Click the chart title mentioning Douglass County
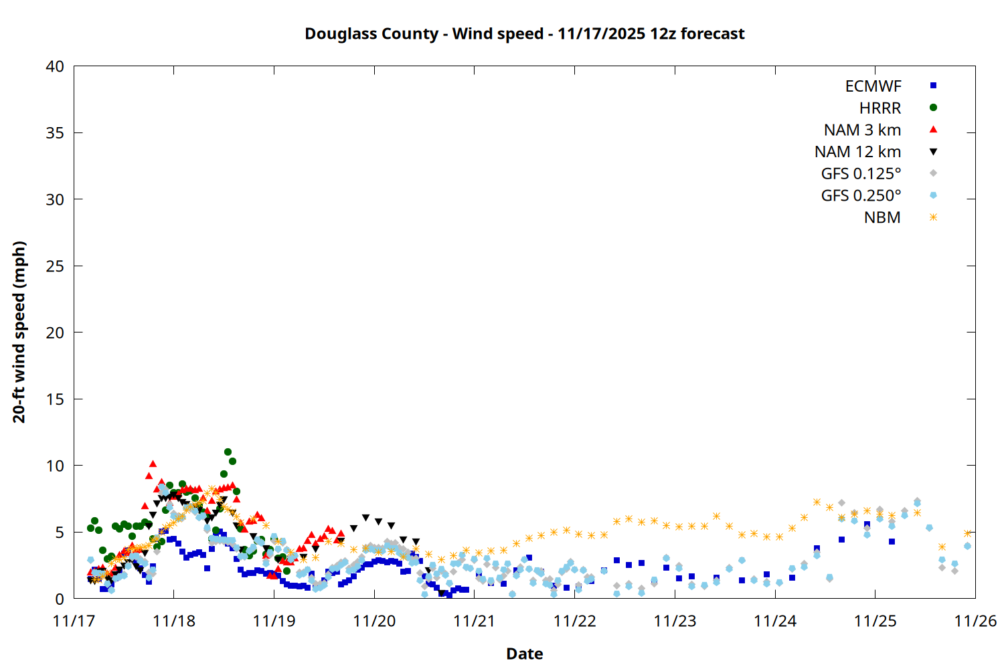pyautogui.click(x=524, y=33)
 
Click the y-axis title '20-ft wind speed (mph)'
pyautogui.click(x=19, y=332)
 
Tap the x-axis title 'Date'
pyautogui.click(x=524, y=654)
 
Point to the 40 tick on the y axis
pyautogui.click(x=55, y=66)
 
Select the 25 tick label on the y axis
pyautogui.click(x=55, y=266)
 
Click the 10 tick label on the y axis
pyautogui.click(x=55, y=466)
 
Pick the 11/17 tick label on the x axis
pyautogui.click(x=74, y=621)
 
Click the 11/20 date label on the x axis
pyautogui.click(x=374, y=621)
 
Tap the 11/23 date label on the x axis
pyautogui.click(x=675, y=621)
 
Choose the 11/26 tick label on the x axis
pyautogui.click(x=975, y=621)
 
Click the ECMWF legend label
pyautogui.click(x=873, y=86)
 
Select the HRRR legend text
pyautogui.click(x=880, y=108)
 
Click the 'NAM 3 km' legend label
pyautogui.click(x=862, y=130)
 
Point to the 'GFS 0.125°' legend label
pyautogui.click(x=861, y=174)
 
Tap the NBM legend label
pyautogui.click(x=882, y=217)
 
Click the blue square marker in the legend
pyautogui.click(x=933, y=86)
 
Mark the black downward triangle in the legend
pyautogui.click(x=933, y=152)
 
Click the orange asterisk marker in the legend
pyautogui.click(x=933, y=217)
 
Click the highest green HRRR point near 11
pyautogui.click(x=228, y=452)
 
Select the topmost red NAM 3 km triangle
pyautogui.click(x=153, y=463)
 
